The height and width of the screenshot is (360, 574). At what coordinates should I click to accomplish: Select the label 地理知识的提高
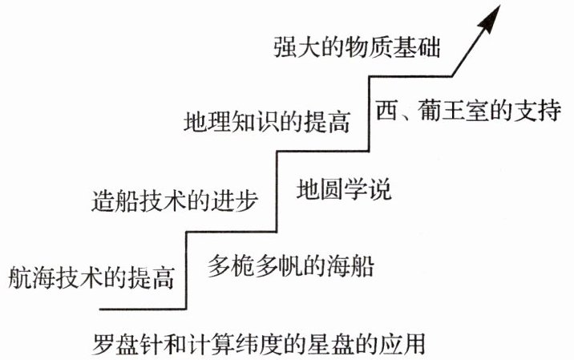pos(267,123)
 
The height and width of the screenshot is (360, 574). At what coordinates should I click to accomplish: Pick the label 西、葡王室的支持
pos(467,109)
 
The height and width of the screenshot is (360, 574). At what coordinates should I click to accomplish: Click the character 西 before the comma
pos(386,109)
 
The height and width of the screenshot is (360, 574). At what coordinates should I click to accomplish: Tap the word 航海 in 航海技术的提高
pos(30,278)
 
